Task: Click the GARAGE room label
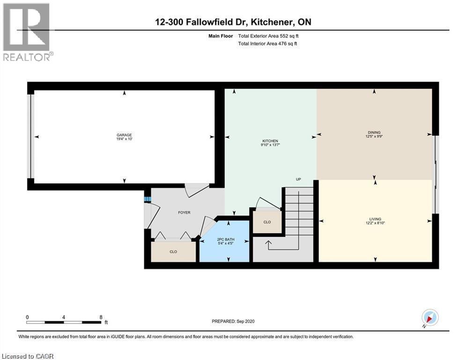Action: [x=124, y=135]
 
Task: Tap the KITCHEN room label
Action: [x=270, y=141]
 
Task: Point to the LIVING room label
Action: [x=375, y=219]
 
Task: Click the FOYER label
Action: [x=184, y=212]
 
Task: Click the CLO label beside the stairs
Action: [x=267, y=222]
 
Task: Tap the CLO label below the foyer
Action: [x=173, y=252]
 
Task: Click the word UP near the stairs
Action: [x=298, y=180]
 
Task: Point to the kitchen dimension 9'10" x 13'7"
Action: [x=270, y=145]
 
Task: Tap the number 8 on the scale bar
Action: [x=101, y=317]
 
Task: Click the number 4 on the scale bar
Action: [x=64, y=317]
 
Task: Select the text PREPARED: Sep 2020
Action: [x=233, y=321]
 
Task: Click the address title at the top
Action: [x=233, y=22]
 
